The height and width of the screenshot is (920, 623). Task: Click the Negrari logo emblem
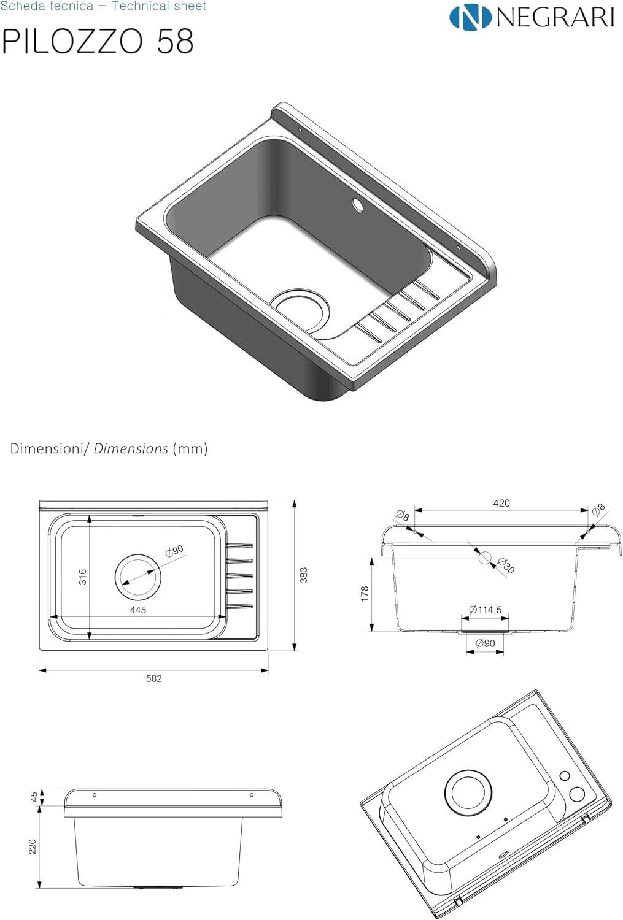point(470,17)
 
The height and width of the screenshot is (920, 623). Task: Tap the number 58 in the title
point(175,42)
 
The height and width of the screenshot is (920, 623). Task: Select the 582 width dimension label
point(153,678)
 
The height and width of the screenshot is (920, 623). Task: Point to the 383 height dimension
point(304,575)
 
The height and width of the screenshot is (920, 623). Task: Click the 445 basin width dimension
point(138,610)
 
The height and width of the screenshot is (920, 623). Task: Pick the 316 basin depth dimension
point(83,577)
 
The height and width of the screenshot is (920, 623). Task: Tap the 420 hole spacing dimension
point(501,503)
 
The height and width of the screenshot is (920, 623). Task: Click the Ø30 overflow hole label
point(506,565)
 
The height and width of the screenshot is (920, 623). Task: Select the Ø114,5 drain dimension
point(486,610)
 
